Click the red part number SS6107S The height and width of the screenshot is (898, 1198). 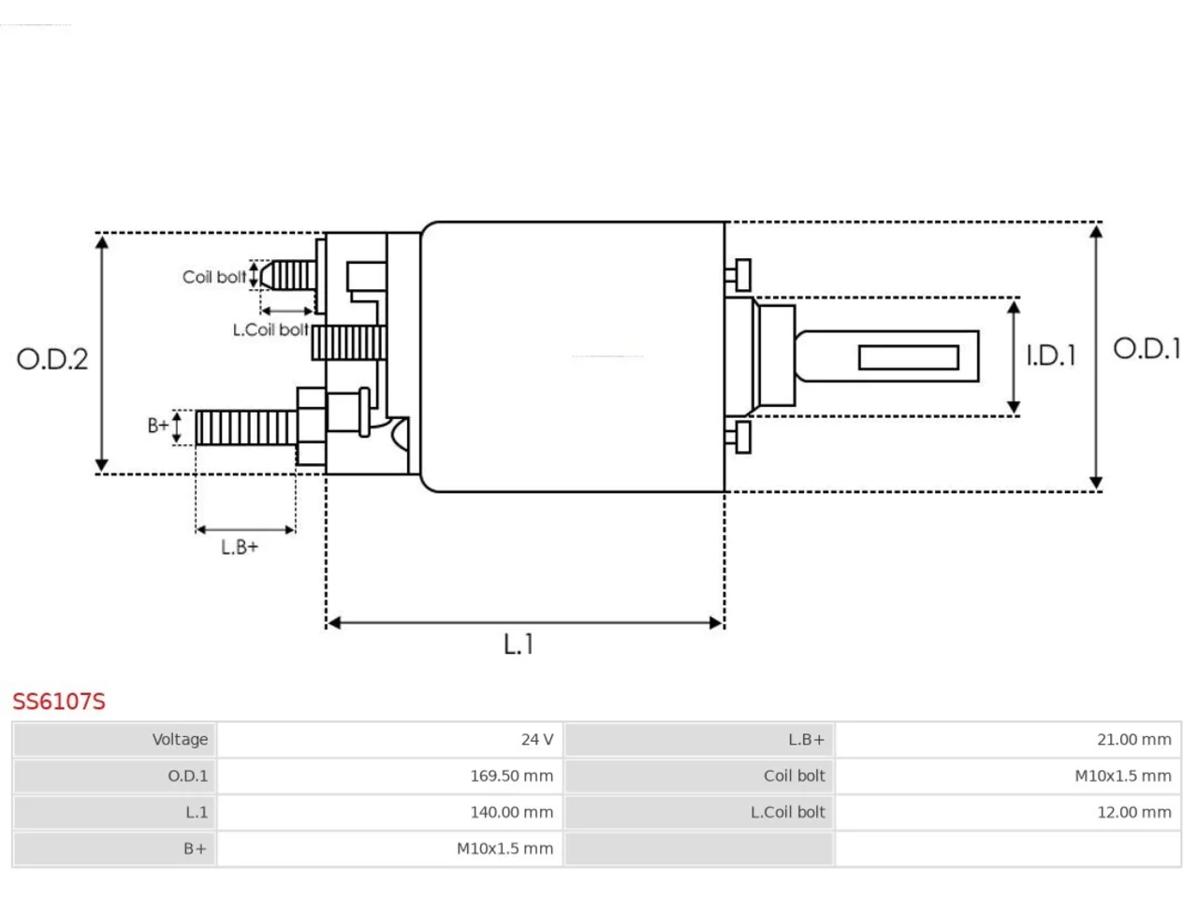(x=58, y=702)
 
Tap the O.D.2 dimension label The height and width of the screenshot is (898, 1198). (x=51, y=359)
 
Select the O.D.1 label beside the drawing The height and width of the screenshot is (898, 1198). (x=1147, y=348)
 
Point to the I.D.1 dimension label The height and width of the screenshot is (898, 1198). (x=1051, y=356)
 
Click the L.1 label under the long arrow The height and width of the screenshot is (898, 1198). (x=518, y=644)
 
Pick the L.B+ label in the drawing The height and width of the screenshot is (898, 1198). (x=239, y=547)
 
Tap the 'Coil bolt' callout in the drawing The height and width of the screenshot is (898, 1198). (x=214, y=277)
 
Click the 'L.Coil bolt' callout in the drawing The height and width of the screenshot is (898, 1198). (x=270, y=330)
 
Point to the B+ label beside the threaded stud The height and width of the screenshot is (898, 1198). (x=158, y=426)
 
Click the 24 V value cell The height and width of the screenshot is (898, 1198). (x=389, y=739)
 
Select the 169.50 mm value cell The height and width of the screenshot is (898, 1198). (x=389, y=775)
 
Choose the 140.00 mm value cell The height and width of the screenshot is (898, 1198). (x=389, y=812)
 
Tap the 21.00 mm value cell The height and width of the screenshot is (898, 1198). (x=1007, y=739)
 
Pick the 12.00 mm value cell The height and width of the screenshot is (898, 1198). (x=1007, y=812)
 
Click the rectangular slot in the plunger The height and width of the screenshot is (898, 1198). (x=909, y=357)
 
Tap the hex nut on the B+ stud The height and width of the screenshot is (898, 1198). (x=311, y=427)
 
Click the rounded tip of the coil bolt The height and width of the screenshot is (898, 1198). (x=266, y=275)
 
